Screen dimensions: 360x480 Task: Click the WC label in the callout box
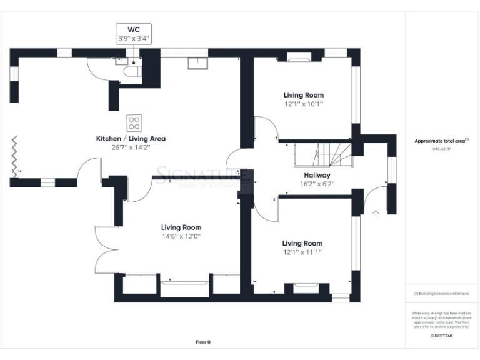(134, 29)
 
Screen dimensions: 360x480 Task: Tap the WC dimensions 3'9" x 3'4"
(134, 38)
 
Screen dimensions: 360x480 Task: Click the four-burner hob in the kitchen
(134, 122)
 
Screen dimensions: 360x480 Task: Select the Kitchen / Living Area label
(130, 138)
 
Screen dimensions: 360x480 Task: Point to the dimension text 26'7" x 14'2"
(130, 147)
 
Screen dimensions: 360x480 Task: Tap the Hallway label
(317, 175)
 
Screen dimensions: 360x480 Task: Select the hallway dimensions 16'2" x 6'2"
(317, 184)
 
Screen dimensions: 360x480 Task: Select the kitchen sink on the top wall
(199, 63)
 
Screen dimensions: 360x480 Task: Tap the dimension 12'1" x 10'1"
(303, 104)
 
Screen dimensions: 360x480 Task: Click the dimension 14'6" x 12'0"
(181, 237)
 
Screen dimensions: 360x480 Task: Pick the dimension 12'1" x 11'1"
(302, 252)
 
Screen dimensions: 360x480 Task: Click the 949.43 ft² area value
(441, 149)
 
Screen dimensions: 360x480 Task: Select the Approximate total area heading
(441, 141)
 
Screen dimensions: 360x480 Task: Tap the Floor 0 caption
(203, 342)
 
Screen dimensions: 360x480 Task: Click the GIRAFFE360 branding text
(441, 336)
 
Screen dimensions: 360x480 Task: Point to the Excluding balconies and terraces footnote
(441, 294)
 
